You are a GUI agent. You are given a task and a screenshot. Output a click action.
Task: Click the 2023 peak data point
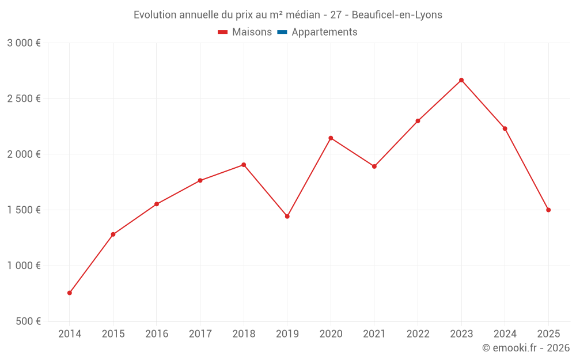click(461, 80)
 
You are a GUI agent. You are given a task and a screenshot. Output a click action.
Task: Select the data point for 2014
click(70, 293)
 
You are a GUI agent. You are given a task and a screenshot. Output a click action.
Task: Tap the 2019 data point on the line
click(287, 217)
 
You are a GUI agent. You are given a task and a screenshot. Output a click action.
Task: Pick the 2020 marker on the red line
click(331, 138)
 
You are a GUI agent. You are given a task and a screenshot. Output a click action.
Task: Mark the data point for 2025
click(548, 210)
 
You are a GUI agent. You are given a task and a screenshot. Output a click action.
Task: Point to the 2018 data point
click(244, 165)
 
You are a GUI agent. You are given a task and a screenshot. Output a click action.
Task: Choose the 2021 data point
click(374, 166)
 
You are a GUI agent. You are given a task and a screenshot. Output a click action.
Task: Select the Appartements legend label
click(324, 32)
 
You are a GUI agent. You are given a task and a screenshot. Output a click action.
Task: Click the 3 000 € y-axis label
click(24, 43)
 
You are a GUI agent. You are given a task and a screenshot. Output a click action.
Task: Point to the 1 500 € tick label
click(24, 210)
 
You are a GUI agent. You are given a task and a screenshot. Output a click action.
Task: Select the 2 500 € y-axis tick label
click(24, 98)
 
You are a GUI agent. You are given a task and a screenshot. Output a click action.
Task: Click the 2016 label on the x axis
click(157, 334)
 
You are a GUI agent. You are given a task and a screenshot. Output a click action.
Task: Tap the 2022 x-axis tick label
click(418, 334)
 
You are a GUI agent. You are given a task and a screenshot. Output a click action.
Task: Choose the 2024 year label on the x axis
click(505, 334)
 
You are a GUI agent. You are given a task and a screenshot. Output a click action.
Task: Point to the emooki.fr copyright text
click(526, 348)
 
